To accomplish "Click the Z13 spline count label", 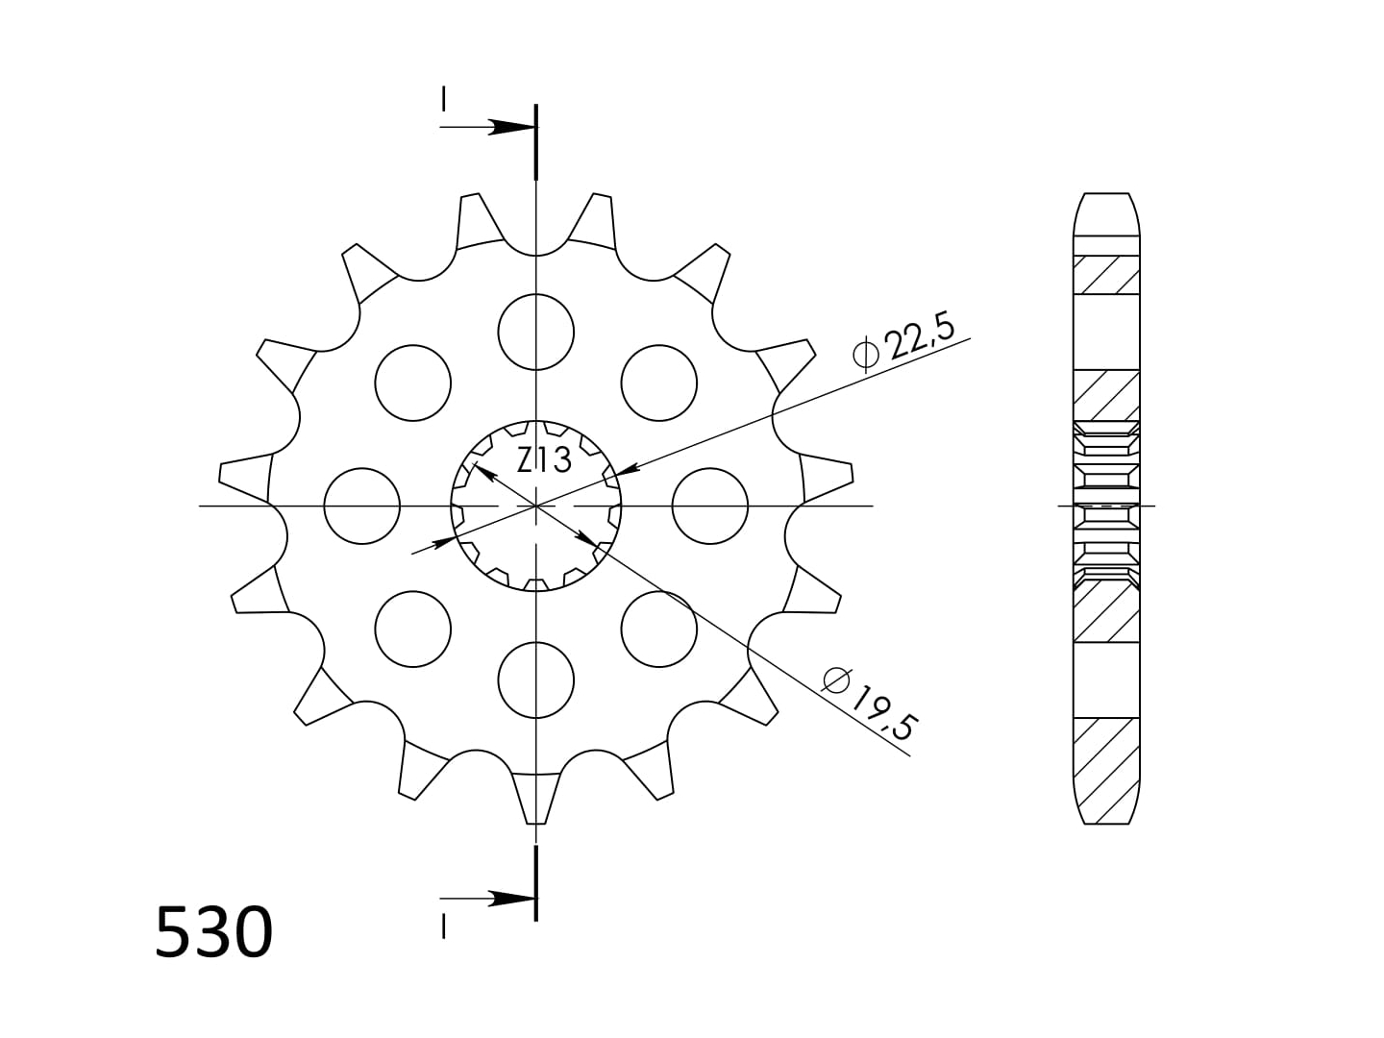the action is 544,460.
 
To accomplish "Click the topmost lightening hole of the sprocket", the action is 536,333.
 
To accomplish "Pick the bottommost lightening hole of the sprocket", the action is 536,680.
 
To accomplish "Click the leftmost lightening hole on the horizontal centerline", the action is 362,507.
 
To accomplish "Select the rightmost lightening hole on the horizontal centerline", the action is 710,507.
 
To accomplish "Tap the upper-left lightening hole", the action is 413,383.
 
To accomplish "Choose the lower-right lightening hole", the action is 659,629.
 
